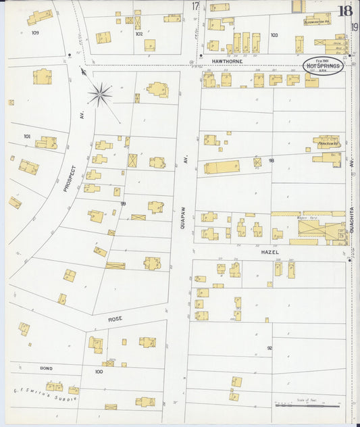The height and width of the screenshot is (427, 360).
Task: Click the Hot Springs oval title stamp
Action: pos(323,66)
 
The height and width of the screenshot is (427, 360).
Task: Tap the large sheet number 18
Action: pos(344,11)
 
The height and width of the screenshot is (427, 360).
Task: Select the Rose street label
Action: pos(115,318)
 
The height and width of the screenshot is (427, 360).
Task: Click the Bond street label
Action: pos(46,368)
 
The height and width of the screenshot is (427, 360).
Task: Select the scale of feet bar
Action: pos(307,405)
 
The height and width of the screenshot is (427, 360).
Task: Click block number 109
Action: pos(34,32)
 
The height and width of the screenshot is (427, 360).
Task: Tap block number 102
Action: pos(138,32)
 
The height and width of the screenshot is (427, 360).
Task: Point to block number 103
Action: pos(274,34)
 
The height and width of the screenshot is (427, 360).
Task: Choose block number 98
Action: pos(271,161)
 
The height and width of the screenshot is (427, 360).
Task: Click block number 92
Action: pos(269,348)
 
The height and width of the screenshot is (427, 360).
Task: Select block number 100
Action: pos(99,372)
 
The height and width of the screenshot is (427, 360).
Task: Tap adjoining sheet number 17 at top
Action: pos(195,6)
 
